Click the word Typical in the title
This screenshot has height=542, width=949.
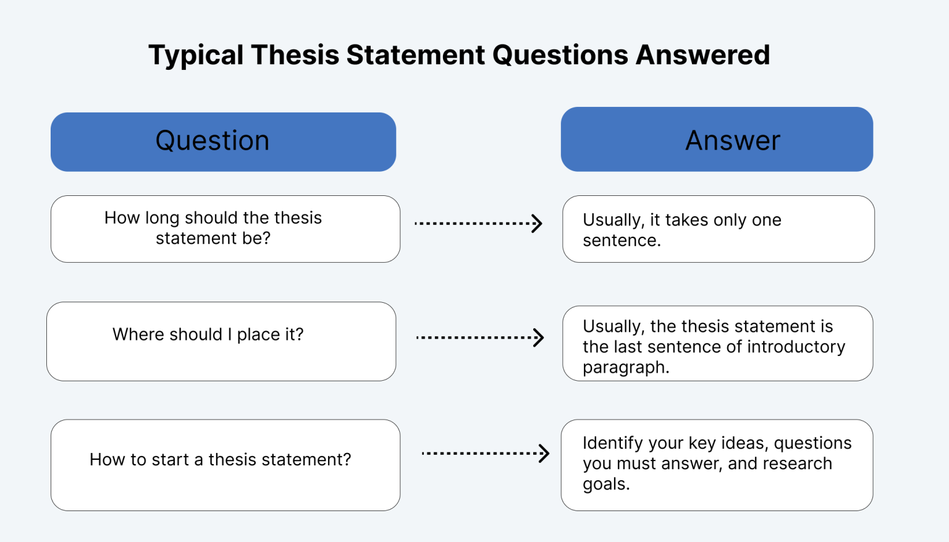(196, 56)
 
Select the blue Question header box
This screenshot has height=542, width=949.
(223, 142)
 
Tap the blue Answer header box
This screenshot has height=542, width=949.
(717, 140)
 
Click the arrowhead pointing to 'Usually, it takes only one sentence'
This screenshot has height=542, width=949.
(538, 223)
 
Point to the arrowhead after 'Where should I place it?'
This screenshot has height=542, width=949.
(539, 337)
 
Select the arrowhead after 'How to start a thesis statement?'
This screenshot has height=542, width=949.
(544, 453)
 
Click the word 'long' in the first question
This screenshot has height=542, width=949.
(162, 218)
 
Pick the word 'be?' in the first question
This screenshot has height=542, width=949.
(256, 239)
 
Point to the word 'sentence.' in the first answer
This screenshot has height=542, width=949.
(622, 240)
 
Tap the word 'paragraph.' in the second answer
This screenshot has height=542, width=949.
(626, 367)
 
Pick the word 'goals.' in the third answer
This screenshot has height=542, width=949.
(606, 484)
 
